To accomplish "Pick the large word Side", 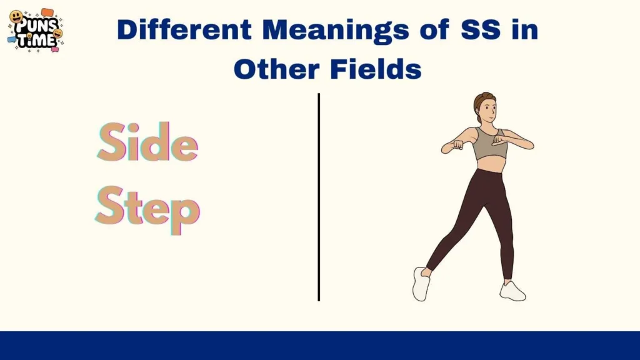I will pos(147,142).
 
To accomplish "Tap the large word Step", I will pos(147,209).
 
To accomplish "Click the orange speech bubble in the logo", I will pos(47,12).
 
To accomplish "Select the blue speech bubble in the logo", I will pos(12,39).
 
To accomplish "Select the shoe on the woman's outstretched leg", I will pos(421,284).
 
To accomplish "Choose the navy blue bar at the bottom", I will pos(320,346).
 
